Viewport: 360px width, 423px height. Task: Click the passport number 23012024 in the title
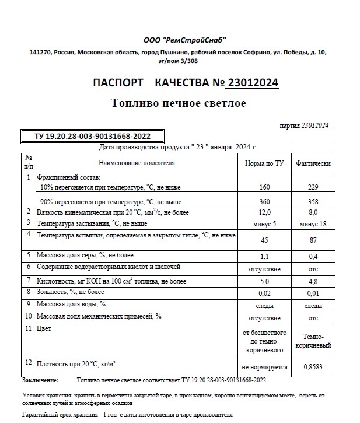tap(251, 83)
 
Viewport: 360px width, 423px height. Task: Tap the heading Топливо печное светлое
tap(179, 103)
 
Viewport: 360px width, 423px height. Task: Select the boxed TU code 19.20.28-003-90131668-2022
tap(89, 136)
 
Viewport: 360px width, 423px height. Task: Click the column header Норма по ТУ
tap(264, 163)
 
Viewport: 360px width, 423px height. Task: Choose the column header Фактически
tap(313, 163)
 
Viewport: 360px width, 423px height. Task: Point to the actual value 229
tap(313, 188)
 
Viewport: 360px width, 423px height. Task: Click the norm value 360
tap(264, 201)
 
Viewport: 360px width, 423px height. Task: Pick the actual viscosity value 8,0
tap(313, 212)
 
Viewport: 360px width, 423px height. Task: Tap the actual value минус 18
tap(313, 224)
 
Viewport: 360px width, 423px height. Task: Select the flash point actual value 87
tap(313, 240)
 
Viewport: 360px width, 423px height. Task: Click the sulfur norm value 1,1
tap(264, 256)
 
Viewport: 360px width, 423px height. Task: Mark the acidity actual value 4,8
tap(313, 282)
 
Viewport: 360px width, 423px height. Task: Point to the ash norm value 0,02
tap(264, 293)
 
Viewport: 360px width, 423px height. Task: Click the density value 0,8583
tap(313, 368)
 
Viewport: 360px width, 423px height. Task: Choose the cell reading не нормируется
tap(264, 368)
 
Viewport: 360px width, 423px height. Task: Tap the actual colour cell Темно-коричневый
tap(313, 341)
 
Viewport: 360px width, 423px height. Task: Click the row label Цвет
tap(44, 329)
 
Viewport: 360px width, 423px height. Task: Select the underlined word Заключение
tap(40, 380)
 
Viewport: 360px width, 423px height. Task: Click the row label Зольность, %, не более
tap(71, 292)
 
